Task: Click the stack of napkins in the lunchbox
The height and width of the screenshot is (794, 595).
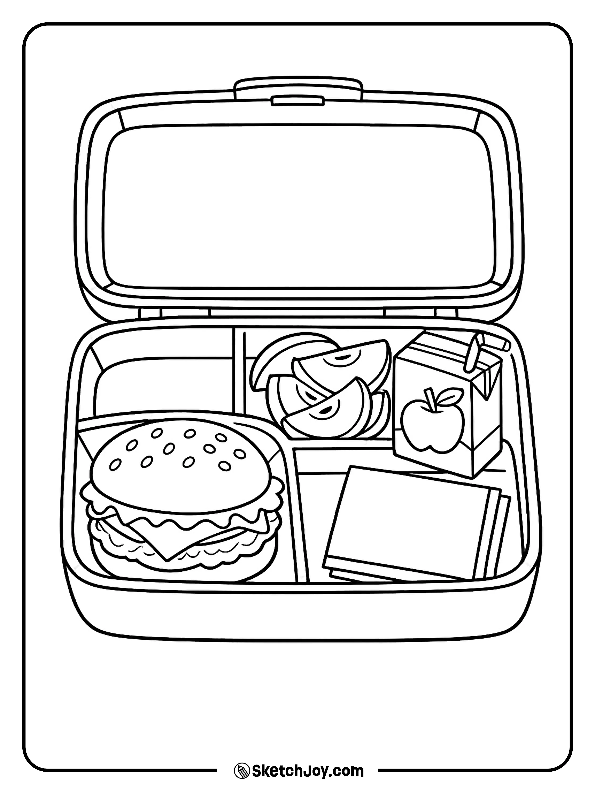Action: tap(405, 524)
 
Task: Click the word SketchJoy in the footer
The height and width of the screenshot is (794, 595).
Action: tap(291, 769)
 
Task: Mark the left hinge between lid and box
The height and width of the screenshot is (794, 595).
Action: tap(151, 312)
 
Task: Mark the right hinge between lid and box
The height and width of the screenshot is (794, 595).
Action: tap(446, 312)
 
